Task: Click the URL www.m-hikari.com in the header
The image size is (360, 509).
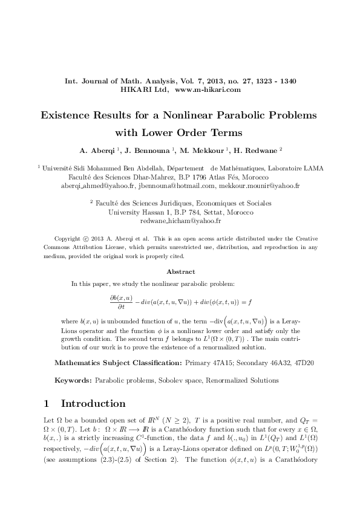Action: click(x=208, y=89)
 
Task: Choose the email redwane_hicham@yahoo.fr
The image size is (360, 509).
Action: click(x=180, y=221)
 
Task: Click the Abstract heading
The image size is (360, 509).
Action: click(x=180, y=271)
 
